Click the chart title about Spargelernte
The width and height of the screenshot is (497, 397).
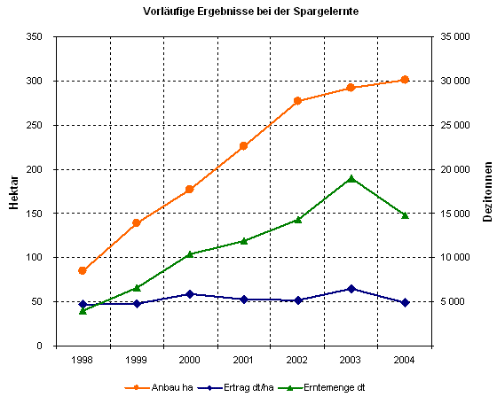pyautogui.click(x=244, y=12)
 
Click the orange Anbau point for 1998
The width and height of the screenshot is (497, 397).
pyautogui.click(x=83, y=270)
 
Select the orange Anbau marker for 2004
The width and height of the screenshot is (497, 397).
pyautogui.click(x=405, y=80)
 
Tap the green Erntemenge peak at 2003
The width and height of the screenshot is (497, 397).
pyautogui.click(x=351, y=178)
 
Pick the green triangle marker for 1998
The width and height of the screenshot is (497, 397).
pyautogui.click(x=83, y=310)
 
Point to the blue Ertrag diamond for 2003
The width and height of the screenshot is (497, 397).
pyautogui.click(x=351, y=289)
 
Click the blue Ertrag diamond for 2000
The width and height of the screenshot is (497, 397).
pyautogui.click(x=190, y=294)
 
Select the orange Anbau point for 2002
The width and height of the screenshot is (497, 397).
pyautogui.click(x=297, y=101)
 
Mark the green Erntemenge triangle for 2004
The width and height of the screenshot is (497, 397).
pyautogui.click(x=405, y=215)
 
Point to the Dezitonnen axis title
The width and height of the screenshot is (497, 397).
pyautogui.click(x=487, y=191)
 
